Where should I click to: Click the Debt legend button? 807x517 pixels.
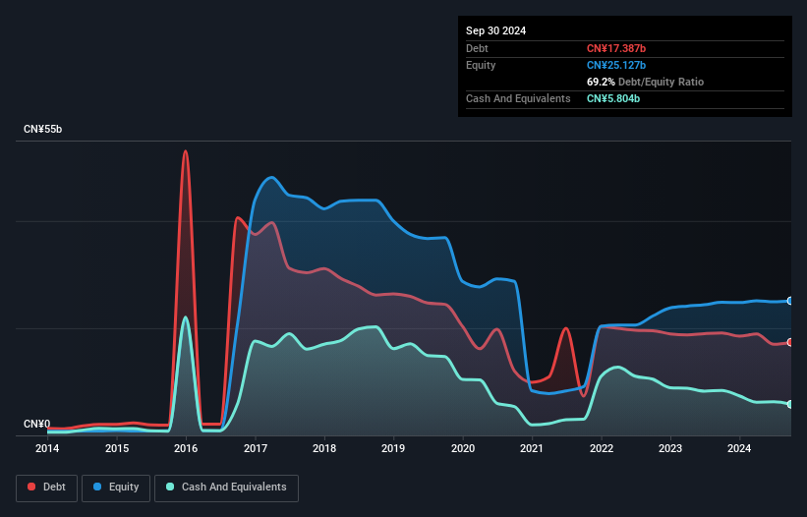click(x=47, y=488)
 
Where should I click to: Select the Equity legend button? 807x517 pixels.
click(x=117, y=488)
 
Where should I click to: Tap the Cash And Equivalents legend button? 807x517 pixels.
click(x=226, y=488)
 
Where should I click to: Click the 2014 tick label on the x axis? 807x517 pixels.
click(x=47, y=449)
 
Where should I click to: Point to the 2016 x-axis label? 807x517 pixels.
click(x=186, y=449)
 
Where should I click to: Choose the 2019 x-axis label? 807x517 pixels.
click(x=393, y=449)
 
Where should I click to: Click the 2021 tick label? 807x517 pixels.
click(x=532, y=449)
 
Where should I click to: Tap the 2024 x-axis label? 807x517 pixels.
click(x=739, y=449)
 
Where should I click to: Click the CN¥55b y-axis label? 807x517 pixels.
click(x=43, y=130)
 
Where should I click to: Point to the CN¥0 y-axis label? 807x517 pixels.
click(x=36, y=425)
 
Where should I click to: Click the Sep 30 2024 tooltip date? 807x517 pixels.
click(x=495, y=30)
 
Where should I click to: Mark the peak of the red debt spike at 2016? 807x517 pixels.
click(x=185, y=151)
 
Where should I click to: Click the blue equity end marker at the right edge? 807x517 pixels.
click(x=790, y=301)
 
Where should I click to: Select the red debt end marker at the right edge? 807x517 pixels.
click(x=790, y=342)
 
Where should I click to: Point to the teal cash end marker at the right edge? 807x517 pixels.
click(x=790, y=404)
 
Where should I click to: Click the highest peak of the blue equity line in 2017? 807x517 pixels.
click(x=272, y=178)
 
